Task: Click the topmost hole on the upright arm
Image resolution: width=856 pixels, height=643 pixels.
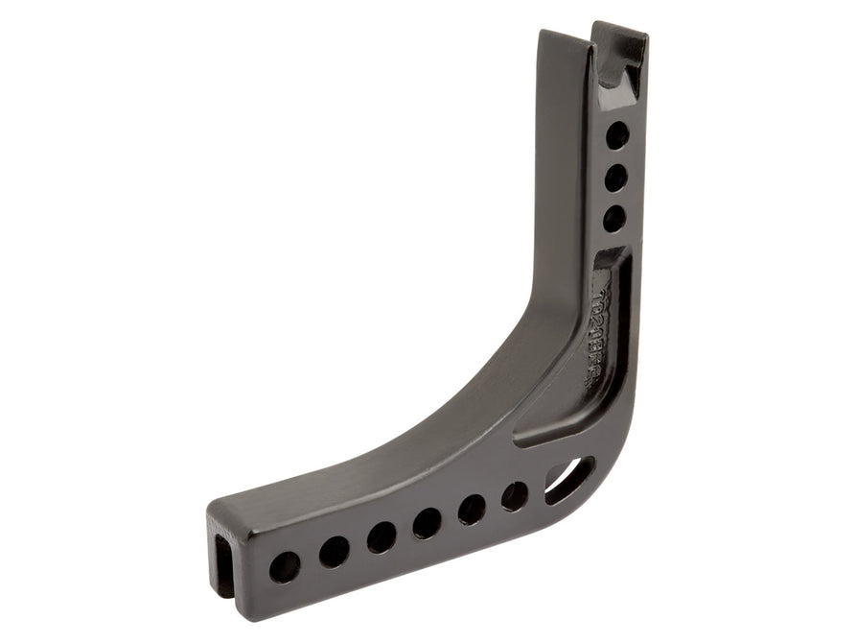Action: (x=617, y=134)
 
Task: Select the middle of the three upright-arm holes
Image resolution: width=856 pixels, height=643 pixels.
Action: (x=615, y=177)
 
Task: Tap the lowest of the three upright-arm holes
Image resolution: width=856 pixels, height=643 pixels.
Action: (x=613, y=218)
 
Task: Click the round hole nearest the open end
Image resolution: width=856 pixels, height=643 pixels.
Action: (x=284, y=566)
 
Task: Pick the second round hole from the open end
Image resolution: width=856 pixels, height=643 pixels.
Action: (x=335, y=550)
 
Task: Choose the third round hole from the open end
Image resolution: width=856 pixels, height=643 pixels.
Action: (x=382, y=536)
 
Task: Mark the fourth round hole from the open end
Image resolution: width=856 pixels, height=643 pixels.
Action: (x=428, y=523)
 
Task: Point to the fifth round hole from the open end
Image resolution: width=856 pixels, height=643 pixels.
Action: (x=472, y=509)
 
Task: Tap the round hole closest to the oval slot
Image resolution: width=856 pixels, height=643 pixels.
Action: (x=515, y=495)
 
